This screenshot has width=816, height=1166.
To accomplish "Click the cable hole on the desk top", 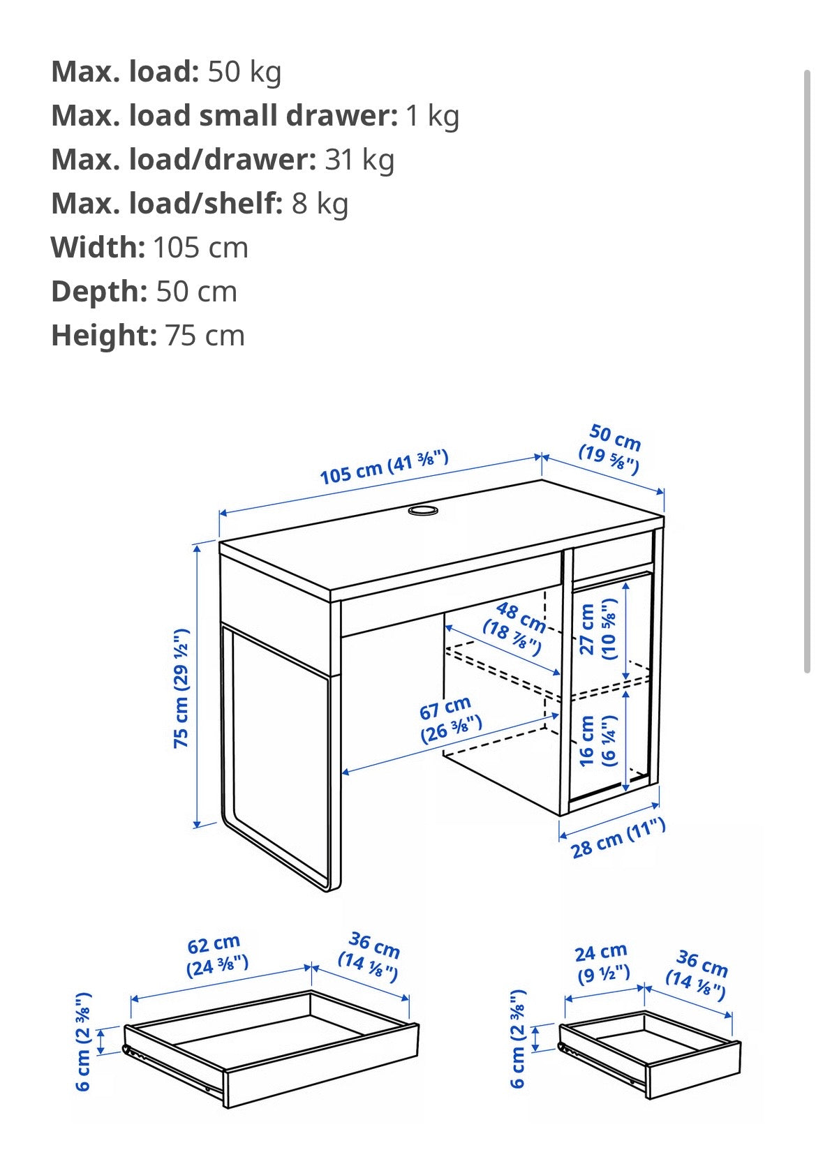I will (422, 511).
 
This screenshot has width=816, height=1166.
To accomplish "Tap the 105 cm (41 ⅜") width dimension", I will (384, 467).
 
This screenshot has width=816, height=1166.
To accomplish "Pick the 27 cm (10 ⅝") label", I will (598, 629).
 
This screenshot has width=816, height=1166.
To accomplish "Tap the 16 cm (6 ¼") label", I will (598, 740).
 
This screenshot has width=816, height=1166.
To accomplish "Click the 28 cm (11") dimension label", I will (617, 839).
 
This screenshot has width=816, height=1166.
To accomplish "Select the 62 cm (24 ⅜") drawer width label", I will (216, 955).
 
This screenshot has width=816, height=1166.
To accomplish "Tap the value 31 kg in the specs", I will (359, 160).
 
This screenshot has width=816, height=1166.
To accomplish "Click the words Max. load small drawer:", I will (224, 116).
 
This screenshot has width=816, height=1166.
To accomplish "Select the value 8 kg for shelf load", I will (320, 204).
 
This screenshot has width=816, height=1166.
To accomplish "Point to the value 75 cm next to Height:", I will (205, 336).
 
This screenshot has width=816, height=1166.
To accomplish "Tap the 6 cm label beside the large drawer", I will (84, 1040).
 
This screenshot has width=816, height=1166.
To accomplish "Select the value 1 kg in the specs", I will (432, 116).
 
